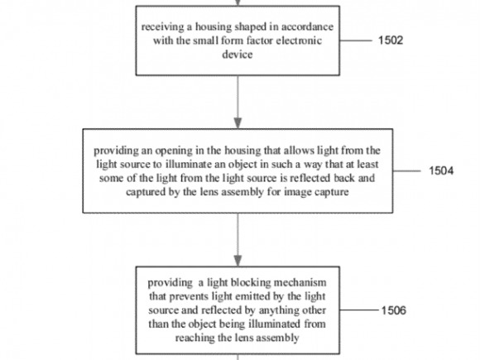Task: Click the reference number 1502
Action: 391,41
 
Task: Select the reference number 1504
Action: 441,170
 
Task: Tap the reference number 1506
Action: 394,310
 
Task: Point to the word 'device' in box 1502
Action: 238,55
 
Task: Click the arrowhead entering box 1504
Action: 238,123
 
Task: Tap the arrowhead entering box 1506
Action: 238,261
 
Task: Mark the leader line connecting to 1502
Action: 356,41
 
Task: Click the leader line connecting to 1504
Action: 407,170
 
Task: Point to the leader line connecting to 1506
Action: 360,310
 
